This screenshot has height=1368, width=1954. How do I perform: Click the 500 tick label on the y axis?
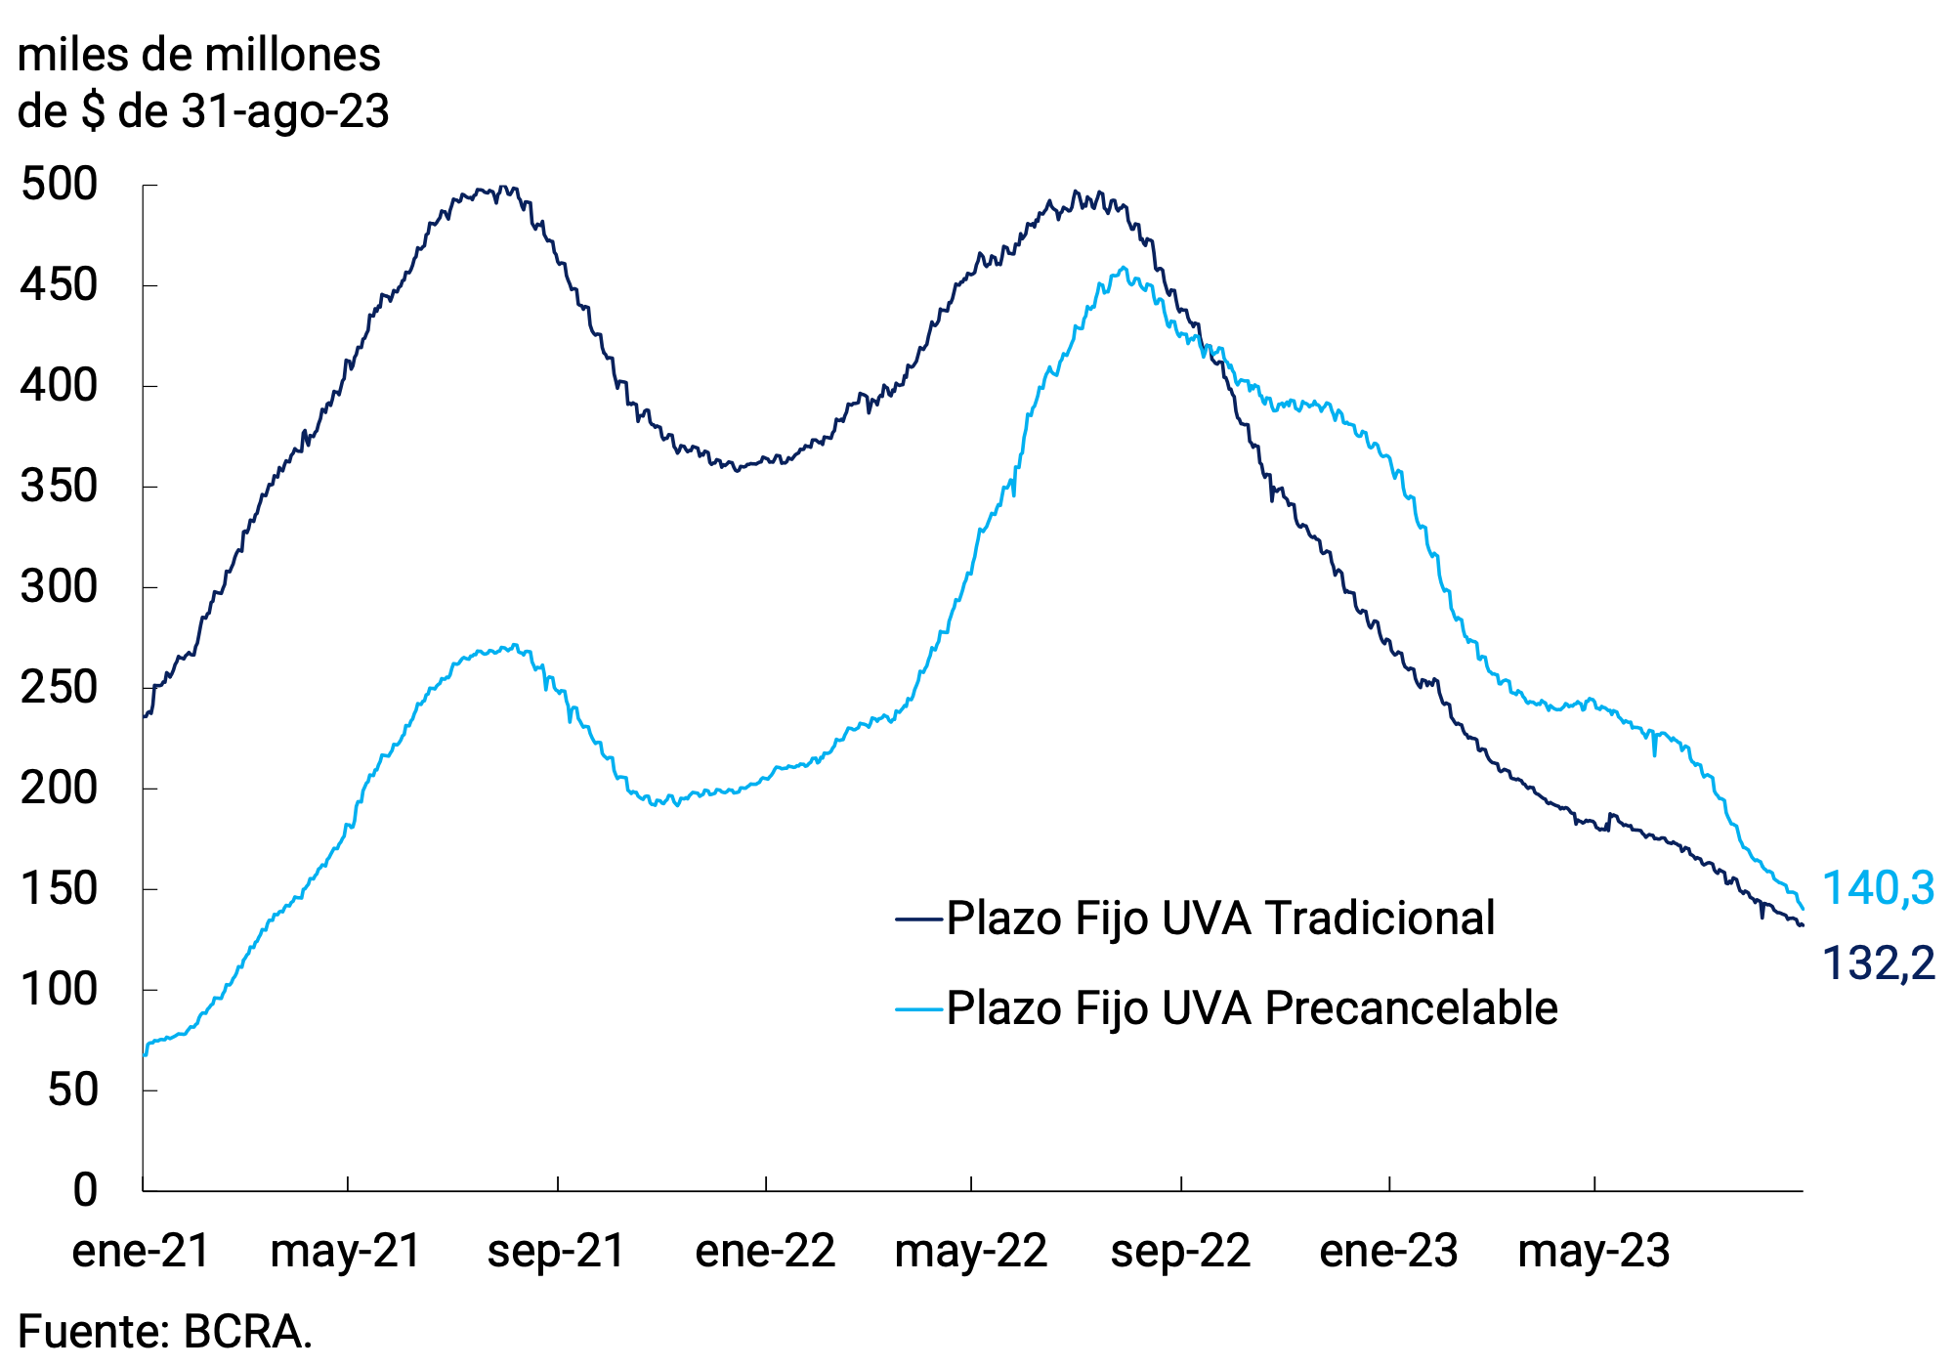click(59, 185)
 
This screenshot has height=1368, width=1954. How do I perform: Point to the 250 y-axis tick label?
click(59, 688)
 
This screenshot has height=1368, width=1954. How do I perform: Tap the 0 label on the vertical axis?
click(85, 1189)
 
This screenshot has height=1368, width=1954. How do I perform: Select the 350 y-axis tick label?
click(59, 487)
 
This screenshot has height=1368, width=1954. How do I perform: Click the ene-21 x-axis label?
click(142, 1251)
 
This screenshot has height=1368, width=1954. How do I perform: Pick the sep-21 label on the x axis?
click(557, 1251)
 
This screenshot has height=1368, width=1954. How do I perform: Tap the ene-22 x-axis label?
click(765, 1251)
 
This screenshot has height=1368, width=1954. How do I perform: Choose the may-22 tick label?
click(971, 1251)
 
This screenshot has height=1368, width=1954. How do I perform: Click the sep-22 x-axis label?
click(1180, 1251)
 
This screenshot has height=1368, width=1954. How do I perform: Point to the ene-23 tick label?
click(1388, 1251)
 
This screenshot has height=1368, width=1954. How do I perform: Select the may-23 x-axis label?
click(1593, 1251)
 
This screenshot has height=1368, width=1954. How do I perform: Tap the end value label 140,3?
click(1878, 888)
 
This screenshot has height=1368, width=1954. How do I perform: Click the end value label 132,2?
click(1878, 963)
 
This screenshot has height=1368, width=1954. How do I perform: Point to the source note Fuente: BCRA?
click(165, 1332)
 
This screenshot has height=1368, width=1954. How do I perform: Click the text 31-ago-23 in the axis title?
click(285, 111)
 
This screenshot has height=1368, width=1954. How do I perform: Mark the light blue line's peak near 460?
click(1124, 268)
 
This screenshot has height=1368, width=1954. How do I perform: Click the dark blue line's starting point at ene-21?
click(145, 716)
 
